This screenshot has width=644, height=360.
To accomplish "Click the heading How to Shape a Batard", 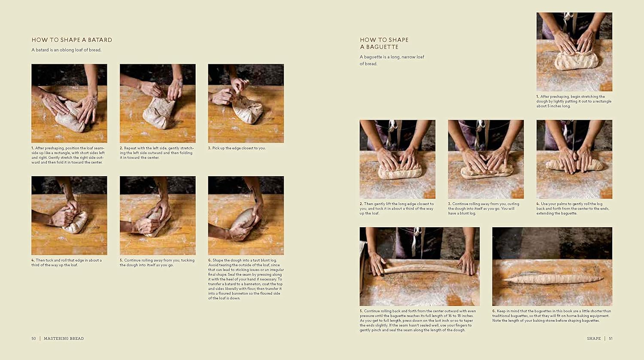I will tap(72, 40).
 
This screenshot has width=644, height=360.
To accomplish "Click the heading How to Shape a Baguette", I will tap(384, 43).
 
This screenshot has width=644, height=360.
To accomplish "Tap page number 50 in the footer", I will tap(33, 339).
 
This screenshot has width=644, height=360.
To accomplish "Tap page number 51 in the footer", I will tap(611, 339).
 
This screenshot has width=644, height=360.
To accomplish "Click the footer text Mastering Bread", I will tap(64, 339).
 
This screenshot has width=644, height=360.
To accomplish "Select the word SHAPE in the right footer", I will tap(594, 339).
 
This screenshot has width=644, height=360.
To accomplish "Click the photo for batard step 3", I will tap(246, 103).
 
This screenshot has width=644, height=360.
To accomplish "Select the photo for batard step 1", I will tap(69, 103).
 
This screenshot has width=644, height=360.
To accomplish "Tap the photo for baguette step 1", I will tap(574, 52).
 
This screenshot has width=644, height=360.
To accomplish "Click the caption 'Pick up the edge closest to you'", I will tap(239, 148).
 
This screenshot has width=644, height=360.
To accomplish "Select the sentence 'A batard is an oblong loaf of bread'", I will tap(66, 50).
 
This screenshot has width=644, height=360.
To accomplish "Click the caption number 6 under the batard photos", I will tap(210, 260).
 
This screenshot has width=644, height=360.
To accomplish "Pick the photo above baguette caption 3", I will tap(486, 159).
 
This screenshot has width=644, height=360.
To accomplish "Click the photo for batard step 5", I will tap(158, 215).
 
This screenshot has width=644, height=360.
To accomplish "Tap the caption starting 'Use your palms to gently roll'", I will tap(573, 208).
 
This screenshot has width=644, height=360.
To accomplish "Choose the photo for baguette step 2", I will tap(397, 159).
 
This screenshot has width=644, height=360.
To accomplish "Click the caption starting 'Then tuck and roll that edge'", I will tap(67, 262).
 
